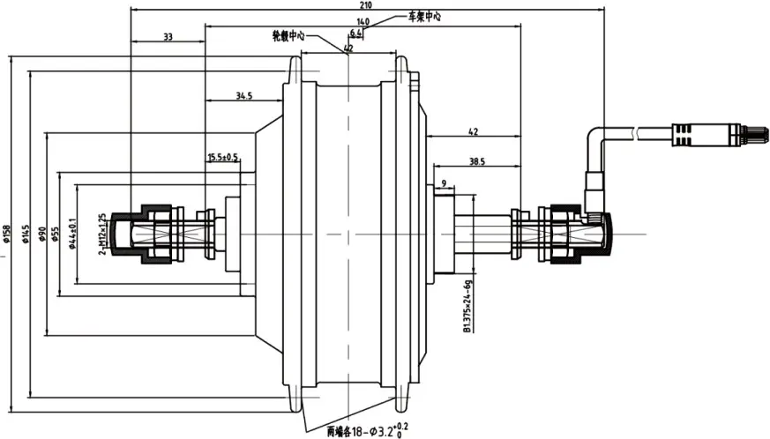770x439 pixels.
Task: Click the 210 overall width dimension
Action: (x=365, y=6)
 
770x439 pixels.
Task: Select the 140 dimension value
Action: (x=363, y=21)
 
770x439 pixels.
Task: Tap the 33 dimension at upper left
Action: (x=167, y=36)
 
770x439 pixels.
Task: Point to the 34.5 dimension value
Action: (x=244, y=95)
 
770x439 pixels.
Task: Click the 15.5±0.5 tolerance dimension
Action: (x=223, y=158)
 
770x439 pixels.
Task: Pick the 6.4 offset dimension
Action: (x=355, y=33)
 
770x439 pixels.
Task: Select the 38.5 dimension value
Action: (x=475, y=162)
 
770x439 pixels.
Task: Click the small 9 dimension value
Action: (x=443, y=182)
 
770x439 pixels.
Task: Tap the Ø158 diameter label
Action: (x=7, y=230)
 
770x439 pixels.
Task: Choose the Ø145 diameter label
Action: (x=26, y=230)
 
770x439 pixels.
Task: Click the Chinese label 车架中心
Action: (x=423, y=16)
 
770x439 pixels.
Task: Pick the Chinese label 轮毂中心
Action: (x=288, y=36)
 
